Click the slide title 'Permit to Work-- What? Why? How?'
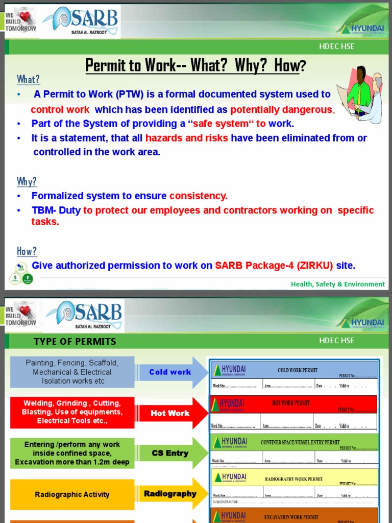(195, 65)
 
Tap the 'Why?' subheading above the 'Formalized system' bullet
(27, 182)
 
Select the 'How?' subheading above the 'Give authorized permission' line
(27, 251)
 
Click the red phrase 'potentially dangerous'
(282, 110)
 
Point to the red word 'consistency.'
(199, 196)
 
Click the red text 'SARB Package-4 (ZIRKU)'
(274, 266)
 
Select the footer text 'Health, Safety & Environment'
(338, 284)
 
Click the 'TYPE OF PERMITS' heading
(75, 342)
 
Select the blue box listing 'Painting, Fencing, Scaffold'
(72, 372)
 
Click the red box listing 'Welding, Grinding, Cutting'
(72, 412)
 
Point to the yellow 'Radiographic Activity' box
(72, 494)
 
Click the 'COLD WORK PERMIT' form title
(298, 370)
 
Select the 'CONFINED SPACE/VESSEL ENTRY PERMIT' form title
(300, 442)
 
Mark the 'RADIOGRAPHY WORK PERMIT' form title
(294, 479)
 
